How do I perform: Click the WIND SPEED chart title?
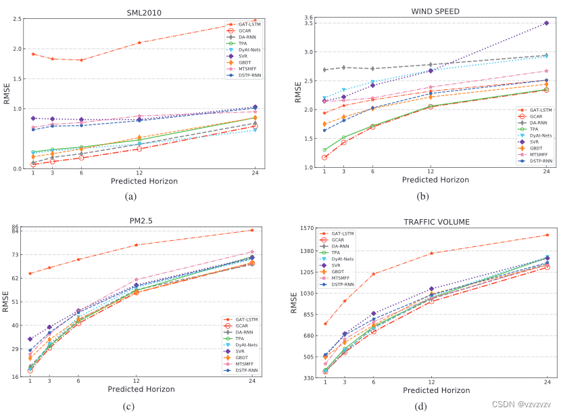coord(435,11)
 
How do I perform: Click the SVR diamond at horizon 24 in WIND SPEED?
coord(546,23)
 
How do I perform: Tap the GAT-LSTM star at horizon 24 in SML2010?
coord(255,20)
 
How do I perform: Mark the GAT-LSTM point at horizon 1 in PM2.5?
coord(30,273)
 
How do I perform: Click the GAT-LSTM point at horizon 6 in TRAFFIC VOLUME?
coord(373,274)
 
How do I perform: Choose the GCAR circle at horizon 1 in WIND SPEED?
coord(325,158)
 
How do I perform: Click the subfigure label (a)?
coord(131,196)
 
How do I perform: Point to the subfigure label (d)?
coord(421,406)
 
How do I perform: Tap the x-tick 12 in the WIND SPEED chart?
coord(431,172)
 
